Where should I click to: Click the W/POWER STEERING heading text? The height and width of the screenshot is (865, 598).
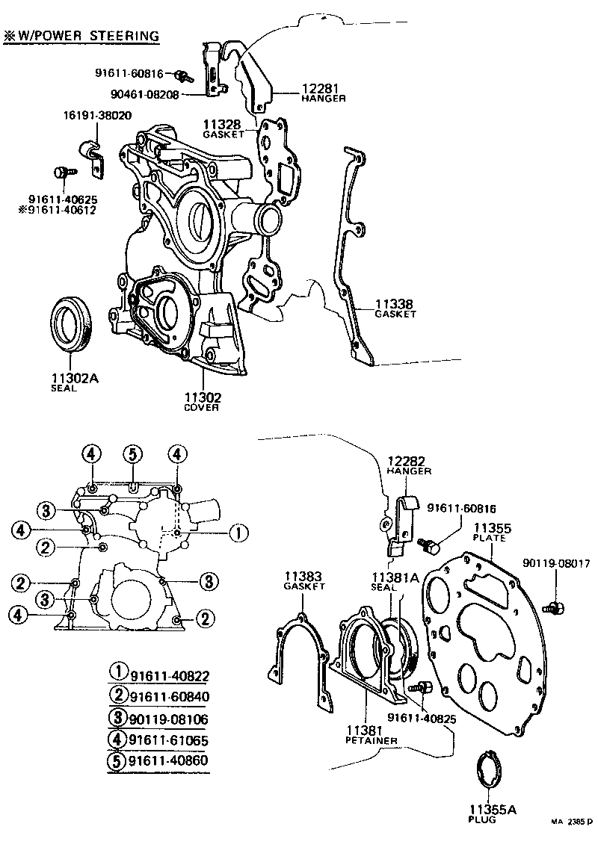click(x=87, y=35)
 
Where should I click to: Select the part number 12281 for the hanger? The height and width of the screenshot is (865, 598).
click(x=323, y=88)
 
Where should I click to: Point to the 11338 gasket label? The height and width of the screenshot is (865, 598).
click(x=394, y=304)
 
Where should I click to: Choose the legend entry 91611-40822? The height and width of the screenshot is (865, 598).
click(x=168, y=676)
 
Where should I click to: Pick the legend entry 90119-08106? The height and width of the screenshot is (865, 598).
click(x=168, y=719)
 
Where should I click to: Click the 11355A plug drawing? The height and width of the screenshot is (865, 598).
click(x=487, y=769)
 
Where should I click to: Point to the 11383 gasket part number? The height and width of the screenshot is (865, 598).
click(x=302, y=576)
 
